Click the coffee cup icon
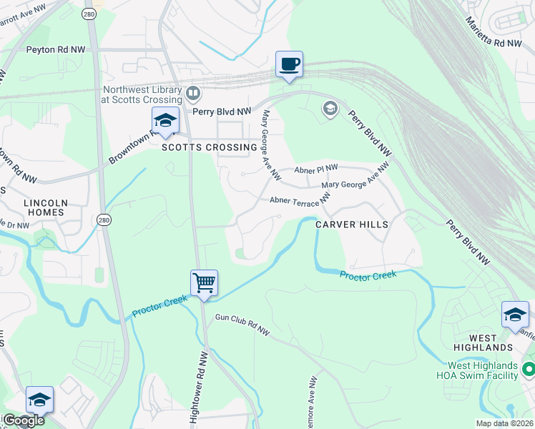[290, 64]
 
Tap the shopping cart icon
[204, 283]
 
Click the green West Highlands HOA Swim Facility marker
[529, 370]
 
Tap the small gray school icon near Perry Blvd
[330, 108]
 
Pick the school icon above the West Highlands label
[515, 315]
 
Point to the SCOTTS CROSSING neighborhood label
[209, 148]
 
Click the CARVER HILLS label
[352, 225]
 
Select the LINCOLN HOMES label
[46, 208]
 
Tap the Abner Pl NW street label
[315, 169]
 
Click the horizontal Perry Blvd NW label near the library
[222, 112]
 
